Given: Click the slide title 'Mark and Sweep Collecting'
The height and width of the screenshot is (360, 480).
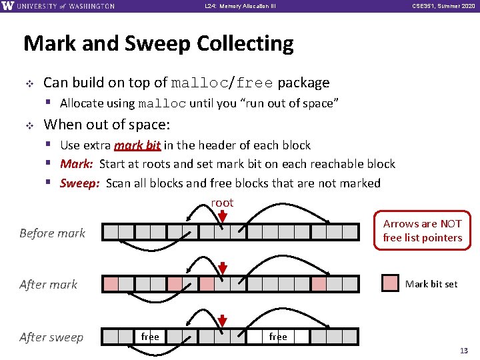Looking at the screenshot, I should [158, 44].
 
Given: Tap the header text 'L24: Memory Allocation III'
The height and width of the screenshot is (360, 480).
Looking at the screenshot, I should [240, 6].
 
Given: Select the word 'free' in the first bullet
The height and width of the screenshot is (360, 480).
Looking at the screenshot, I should [255, 83].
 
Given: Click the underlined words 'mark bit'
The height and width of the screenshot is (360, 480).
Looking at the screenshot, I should [137, 145].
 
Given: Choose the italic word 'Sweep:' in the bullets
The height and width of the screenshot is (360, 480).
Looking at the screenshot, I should [81, 183].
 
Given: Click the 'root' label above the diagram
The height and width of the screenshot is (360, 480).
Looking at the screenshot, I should [222, 203].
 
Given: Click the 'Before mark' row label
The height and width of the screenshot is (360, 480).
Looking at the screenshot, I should [53, 233].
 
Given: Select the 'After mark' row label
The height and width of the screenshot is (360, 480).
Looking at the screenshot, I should [49, 285].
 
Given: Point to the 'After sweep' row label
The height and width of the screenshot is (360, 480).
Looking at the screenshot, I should [51, 337].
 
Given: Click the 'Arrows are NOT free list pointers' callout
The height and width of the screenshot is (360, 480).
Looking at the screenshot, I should [422, 231].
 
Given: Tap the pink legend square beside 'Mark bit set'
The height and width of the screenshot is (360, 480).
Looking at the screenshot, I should [390, 283].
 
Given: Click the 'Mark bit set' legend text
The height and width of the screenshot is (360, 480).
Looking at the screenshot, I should [431, 284].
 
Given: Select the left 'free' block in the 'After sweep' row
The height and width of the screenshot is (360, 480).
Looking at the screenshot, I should [150, 337].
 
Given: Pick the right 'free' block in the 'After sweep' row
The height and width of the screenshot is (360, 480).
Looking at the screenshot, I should [278, 337].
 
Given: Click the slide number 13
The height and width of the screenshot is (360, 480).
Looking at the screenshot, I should [464, 351].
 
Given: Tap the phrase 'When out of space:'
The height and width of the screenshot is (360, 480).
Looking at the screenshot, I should [107, 125].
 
